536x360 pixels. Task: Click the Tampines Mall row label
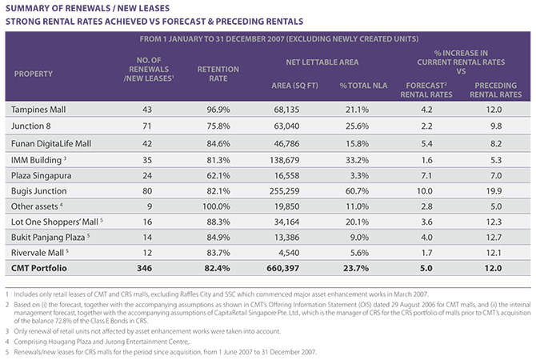(x=38, y=110)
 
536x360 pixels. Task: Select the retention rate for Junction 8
(x=218, y=126)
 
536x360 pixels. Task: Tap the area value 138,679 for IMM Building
(x=285, y=160)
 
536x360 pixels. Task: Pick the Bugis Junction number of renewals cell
(x=147, y=191)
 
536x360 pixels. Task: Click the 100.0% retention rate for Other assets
(x=216, y=206)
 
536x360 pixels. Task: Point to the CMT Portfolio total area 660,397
(x=283, y=268)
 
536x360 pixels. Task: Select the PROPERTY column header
(x=34, y=74)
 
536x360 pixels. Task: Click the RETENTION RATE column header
(x=218, y=74)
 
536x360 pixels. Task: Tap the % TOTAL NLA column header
(x=363, y=86)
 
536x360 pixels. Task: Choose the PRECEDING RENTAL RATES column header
(x=496, y=90)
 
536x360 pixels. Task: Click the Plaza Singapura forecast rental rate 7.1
(x=426, y=176)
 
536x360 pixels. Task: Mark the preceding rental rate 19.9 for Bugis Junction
(x=494, y=191)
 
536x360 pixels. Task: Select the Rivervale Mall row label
(x=38, y=253)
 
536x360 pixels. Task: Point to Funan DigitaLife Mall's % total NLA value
(x=358, y=143)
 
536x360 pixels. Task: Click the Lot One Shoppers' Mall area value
(x=287, y=222)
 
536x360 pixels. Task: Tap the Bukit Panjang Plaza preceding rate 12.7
(x=494, y=238)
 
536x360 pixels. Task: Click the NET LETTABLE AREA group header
(x=322, y=62)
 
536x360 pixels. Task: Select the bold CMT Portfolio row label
(x=39, y=268)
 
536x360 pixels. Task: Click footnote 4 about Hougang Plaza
(x=98, y=342)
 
